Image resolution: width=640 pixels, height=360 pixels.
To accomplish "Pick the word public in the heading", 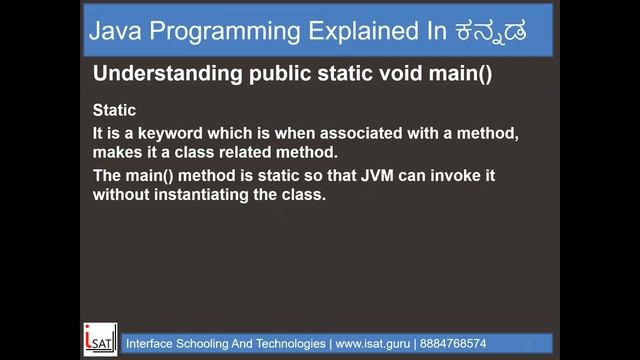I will click(263, 74).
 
